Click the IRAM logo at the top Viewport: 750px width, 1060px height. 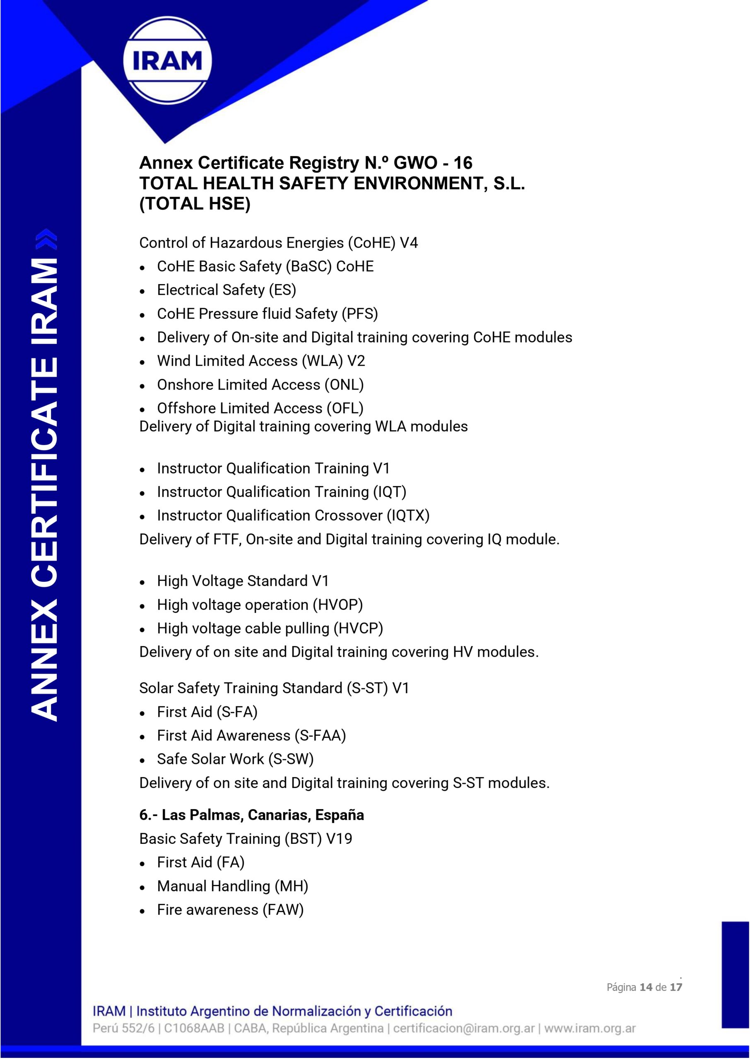tap(167, 60)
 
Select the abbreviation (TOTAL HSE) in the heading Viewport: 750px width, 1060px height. tap(195, 204)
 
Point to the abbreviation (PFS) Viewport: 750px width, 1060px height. tap(360, 314)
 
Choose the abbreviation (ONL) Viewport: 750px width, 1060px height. tap(344, 385)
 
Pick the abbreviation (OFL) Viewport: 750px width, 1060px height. tap(345, 408)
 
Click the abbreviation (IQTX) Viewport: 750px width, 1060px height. tap(408, 515)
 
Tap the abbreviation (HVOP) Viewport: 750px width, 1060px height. tap(338, 605)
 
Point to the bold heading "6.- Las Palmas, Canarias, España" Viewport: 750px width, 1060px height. tap(251, 815)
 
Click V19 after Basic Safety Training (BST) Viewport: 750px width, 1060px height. tap(339, 839)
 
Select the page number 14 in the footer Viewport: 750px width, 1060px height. tap(646, 987)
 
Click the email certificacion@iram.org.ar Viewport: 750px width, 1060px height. tap(464, 1028)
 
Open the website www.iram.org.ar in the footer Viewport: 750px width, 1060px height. tap(590, 1028)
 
